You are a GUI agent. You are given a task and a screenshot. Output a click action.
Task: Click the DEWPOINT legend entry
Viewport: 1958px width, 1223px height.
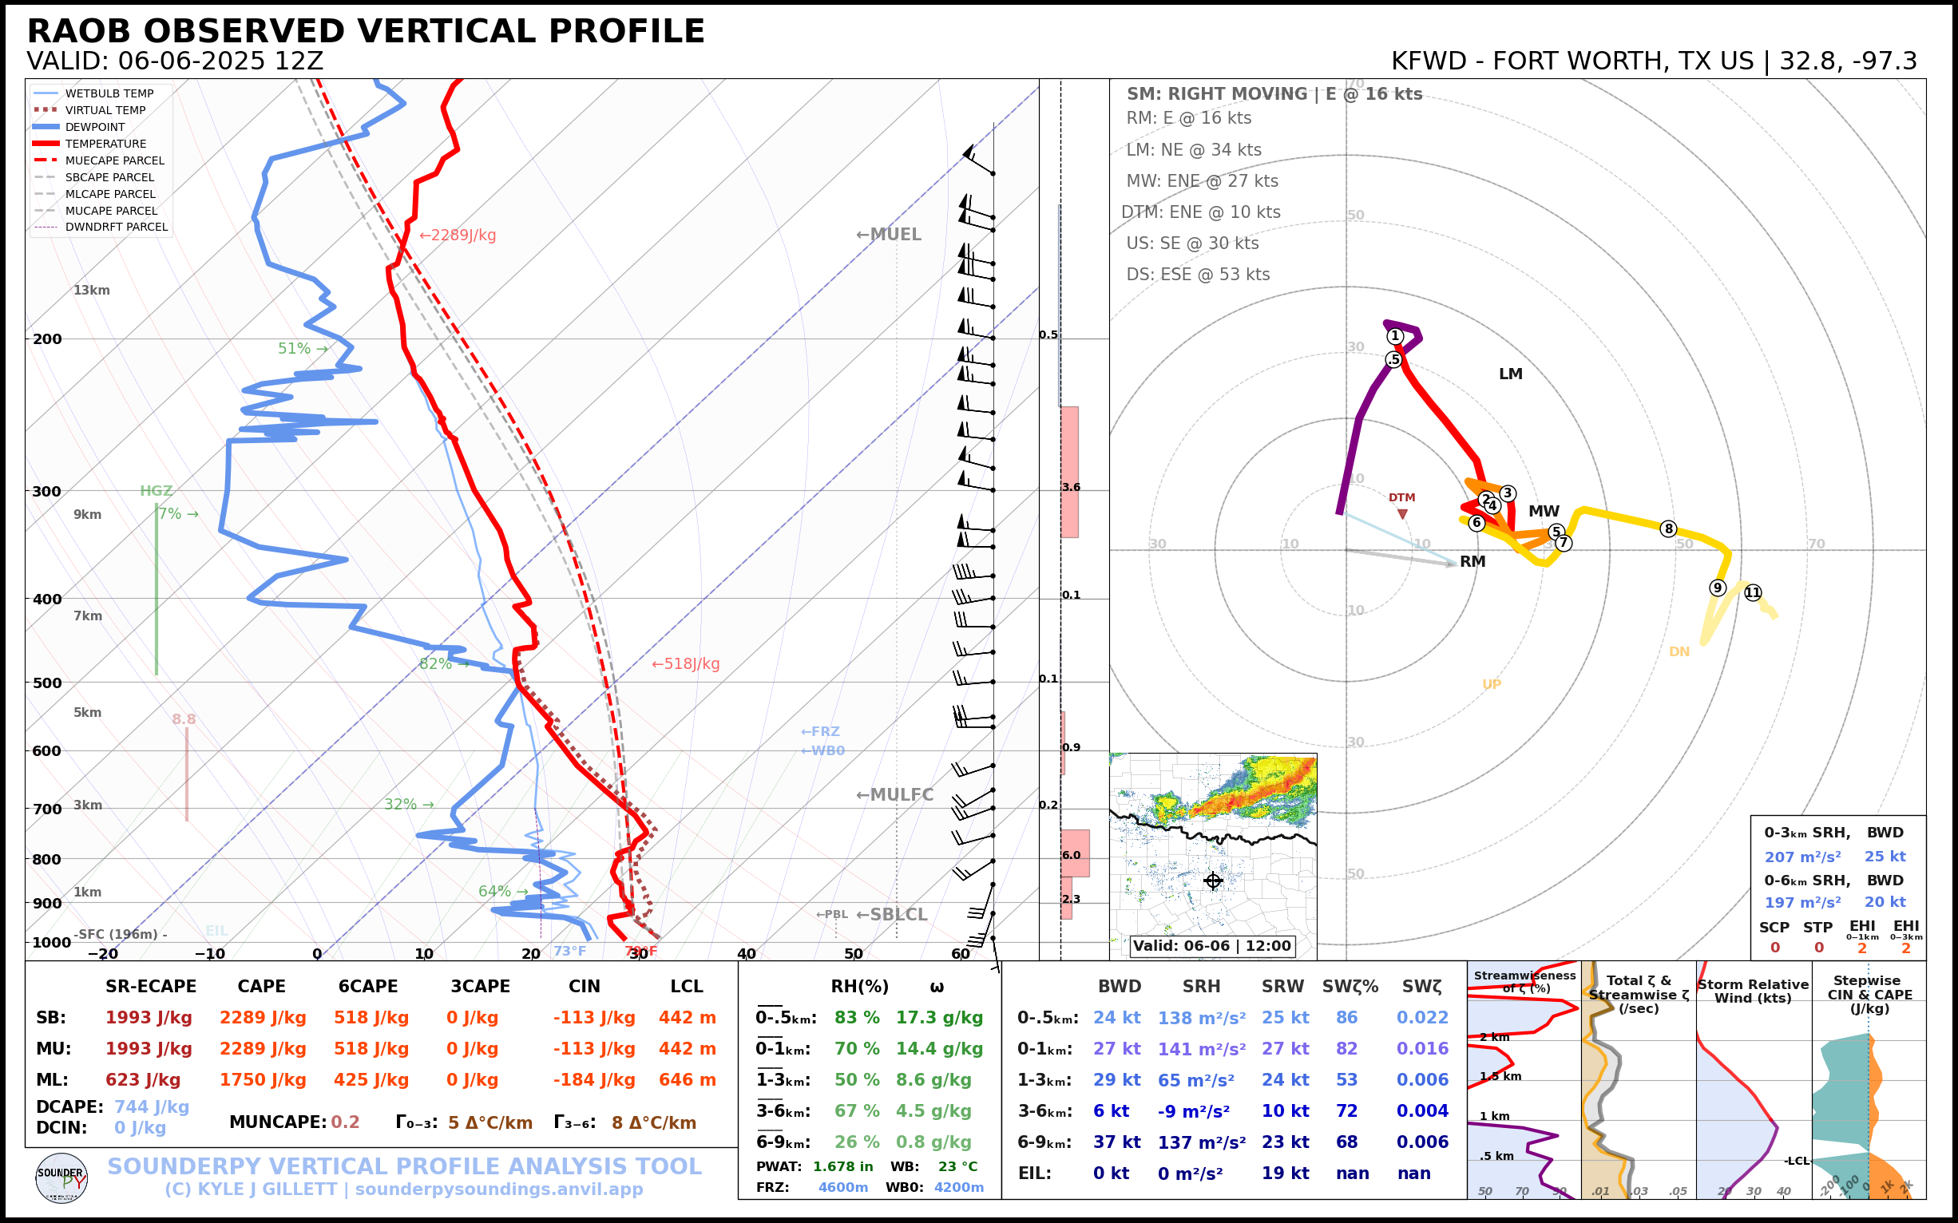click(95, 127)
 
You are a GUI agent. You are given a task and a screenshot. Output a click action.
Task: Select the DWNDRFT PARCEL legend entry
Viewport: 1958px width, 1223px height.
click(116, 228)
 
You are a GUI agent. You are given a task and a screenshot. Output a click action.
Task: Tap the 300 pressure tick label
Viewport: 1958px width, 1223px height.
click(47, 491)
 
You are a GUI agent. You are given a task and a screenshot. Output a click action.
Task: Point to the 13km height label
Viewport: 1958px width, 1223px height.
click(91, 291)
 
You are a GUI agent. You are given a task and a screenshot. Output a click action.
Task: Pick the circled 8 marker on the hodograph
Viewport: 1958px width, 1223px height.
click(1667, 529)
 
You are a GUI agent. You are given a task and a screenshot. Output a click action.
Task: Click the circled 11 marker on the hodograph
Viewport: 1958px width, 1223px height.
click(1753, 593)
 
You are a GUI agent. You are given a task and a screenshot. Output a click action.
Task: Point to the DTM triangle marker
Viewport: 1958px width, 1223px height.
click(1402, 514)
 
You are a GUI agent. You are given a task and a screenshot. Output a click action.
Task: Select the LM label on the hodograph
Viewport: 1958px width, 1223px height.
click(1511, 374)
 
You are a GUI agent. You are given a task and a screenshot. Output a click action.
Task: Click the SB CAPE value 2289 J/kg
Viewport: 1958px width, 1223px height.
click(262, 1018)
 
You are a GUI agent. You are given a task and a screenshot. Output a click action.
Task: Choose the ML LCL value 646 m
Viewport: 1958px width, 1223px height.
click(687, 1080)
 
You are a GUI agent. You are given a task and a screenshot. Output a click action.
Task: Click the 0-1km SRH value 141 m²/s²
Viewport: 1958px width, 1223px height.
click(1201, 1049)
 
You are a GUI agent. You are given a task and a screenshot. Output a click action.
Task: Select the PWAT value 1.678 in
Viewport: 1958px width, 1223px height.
click(843, 1166)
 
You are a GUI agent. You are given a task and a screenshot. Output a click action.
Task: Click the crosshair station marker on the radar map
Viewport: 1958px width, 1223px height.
click(1213, 881)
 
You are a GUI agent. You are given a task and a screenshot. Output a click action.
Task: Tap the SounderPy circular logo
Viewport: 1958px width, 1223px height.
click(61, 1177)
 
